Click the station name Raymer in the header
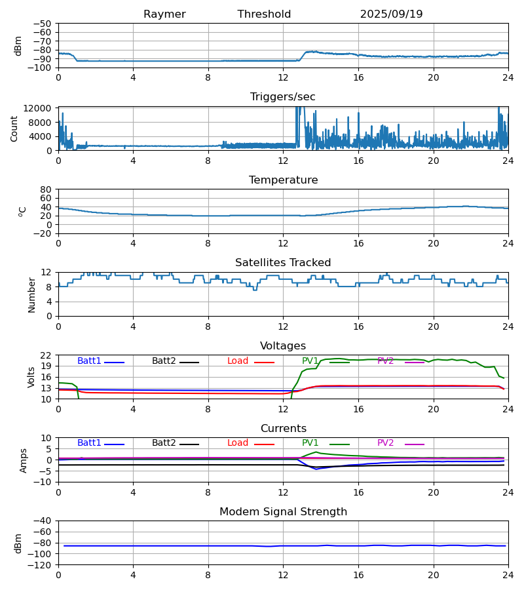[x=164, y=14]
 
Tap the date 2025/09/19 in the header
[x=391, y=14]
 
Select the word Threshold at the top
[x=264, y=14]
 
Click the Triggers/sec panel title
[x=282, y=97]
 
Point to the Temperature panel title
[x=283, y=180]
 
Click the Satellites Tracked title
[x=283, y=263]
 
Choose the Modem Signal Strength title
[x=283, y=512]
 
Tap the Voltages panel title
[x=283, y=346]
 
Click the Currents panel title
[x=283, y=429]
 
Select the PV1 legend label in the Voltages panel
[x=310, y=361]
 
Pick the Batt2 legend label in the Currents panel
[x=164, y=443]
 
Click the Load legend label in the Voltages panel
[x=238, y=361]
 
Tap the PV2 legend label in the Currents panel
[x=385, y=443]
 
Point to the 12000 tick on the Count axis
[x=41, y=109]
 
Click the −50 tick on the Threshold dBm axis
[x=45, y=24]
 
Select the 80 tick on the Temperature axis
[x=47, y=189]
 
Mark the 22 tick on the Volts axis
[x=47, y=355]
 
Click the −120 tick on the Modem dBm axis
[x=43, y=565]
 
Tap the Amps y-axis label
[x=24, y=460]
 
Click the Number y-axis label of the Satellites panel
[x=32, y=294]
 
